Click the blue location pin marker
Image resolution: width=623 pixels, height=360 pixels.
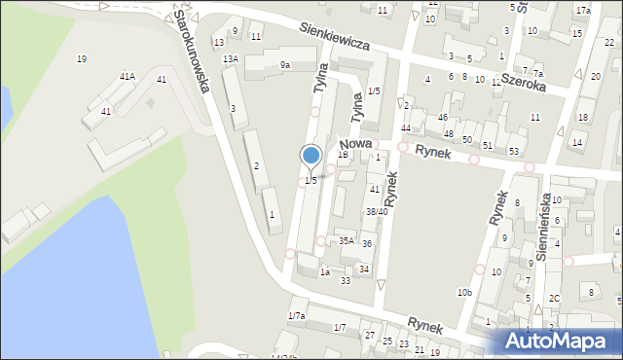(311, 156)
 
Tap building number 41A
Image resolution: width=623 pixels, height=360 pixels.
(128, 76)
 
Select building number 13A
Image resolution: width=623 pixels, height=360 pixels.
(231, 59)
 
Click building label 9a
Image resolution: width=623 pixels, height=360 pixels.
(284, 65)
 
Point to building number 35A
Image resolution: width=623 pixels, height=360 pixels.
(346, 240)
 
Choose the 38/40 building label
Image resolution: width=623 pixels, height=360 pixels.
(377, 211)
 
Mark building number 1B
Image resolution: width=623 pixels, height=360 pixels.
(343, 154)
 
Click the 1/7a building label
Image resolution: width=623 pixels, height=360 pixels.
(297, 316)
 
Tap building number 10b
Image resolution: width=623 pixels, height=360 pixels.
(464, 292)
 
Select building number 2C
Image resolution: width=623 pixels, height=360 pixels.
(554, 298)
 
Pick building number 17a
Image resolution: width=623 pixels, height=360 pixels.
(582, 10)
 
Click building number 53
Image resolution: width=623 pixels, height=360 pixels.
(514, 151)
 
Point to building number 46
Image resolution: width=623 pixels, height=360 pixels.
(443, 117)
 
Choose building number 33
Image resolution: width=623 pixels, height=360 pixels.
(346, 280)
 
